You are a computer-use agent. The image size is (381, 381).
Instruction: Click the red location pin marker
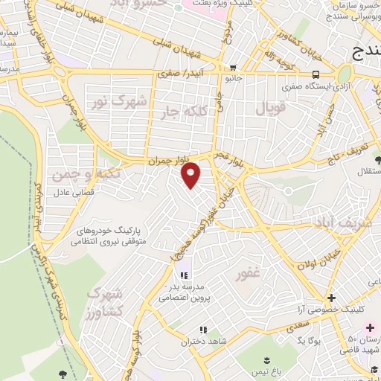(191, 175)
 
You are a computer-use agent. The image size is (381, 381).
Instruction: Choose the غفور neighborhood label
(248, 274)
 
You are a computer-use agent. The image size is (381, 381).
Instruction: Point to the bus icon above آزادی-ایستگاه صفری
(316, 74)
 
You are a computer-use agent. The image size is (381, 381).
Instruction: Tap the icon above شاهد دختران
(202, 330)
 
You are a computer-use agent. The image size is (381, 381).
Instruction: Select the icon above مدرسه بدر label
(184, 275)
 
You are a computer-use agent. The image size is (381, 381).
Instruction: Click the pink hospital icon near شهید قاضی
(370, 328)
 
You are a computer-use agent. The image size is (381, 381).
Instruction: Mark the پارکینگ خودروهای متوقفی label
(112, 235)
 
